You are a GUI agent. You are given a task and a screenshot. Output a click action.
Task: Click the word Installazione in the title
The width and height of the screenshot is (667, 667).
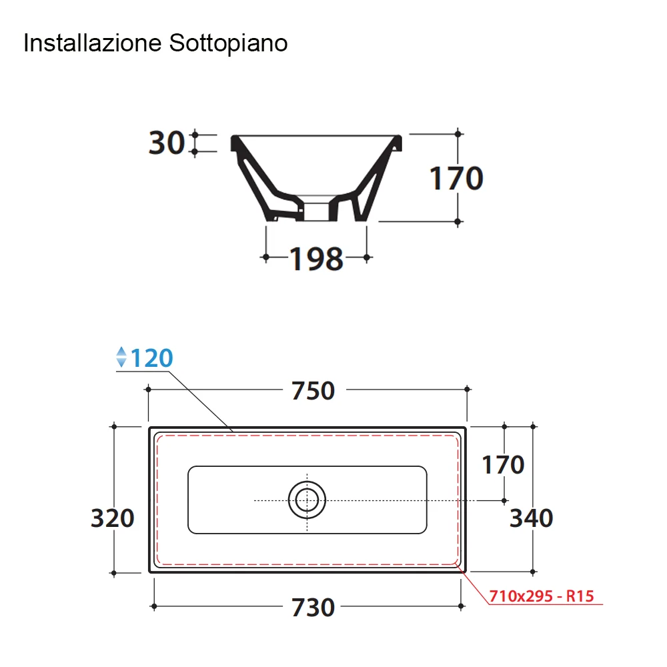click(93, 43)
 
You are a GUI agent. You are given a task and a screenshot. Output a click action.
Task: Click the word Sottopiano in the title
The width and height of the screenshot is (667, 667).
click(228, 43)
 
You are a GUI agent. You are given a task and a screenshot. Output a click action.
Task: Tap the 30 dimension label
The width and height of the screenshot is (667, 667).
click(166, 143)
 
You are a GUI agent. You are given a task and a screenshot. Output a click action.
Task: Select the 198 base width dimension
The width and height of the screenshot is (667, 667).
click(316, 259)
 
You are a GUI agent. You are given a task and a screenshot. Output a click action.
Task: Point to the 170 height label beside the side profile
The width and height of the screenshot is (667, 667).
click(456, 178)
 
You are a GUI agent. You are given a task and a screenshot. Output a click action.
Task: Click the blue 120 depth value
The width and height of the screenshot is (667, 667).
click(152, 358)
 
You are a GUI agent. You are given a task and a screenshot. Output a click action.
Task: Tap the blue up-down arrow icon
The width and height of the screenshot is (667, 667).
click(121, 357)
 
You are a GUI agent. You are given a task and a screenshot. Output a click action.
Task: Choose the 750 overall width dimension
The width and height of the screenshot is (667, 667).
click(313, 390)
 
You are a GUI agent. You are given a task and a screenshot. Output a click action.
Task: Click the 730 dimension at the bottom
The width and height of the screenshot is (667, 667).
click(313, 607)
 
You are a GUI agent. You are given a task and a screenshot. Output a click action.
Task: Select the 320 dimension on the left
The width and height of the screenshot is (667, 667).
click(112, 518)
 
